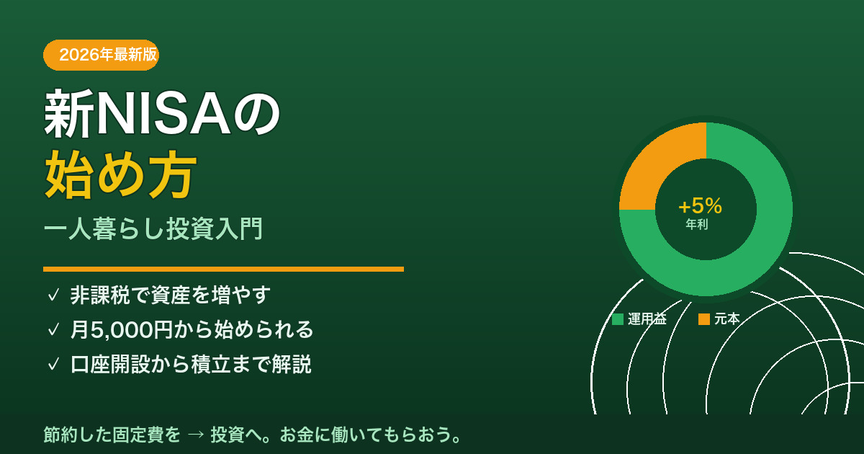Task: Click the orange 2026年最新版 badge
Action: pos(101,55)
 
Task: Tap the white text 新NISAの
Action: pos(162,113)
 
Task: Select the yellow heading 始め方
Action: pos(121,174)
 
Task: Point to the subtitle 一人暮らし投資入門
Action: pos(153,228)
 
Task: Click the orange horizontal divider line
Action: pos(223,269)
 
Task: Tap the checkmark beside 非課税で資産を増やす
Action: pos(53,295)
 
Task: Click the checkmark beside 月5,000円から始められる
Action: pos(53,330)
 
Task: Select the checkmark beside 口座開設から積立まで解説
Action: pos(53,364)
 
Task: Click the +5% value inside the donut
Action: pos(700,205)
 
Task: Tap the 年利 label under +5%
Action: pos(697,224)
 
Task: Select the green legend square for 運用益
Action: pos(618,319)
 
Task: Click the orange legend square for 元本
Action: pos(704,319)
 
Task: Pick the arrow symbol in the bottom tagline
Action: pos(196,435)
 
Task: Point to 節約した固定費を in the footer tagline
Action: pos(112,435)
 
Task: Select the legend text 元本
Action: pos(727,319)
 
